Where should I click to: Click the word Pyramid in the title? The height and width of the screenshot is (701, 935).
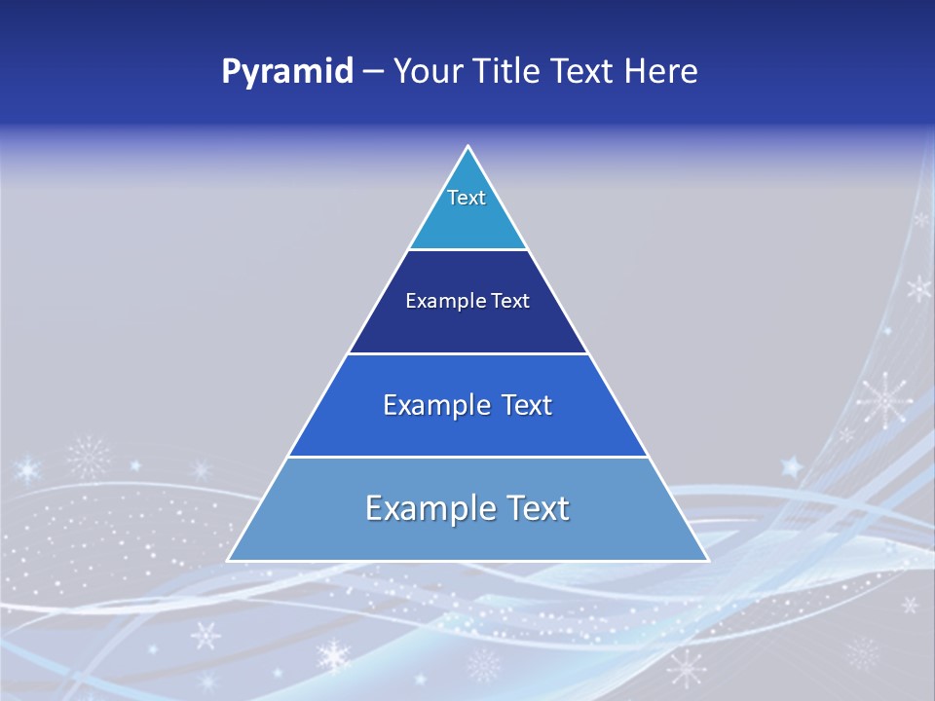pyautogui.click(x=286, y=72)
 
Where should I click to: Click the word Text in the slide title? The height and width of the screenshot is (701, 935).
pyautogui.click(x=582, y=71)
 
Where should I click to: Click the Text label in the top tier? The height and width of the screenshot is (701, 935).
pyautogui.click(x=467, y=198)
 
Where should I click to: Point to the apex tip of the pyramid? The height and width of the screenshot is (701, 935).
pyautogui.click(x=468, y=147)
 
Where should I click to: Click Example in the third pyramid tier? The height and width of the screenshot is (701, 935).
pyautogui.click(x=433, y=405)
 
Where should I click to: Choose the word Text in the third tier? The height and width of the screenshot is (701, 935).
pyautogui.click(x=527, y=405)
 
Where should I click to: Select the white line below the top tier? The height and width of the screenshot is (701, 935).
pyautogui.click(x=468, y=250)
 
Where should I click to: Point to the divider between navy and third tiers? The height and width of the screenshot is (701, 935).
pyautogui.click(x=468, y=353)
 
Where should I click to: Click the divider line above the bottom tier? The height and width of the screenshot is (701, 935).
pyautogui.click(x=468, y=457)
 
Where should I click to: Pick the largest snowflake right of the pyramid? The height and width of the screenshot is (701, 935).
pyautogui.click(x=884, y=398)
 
